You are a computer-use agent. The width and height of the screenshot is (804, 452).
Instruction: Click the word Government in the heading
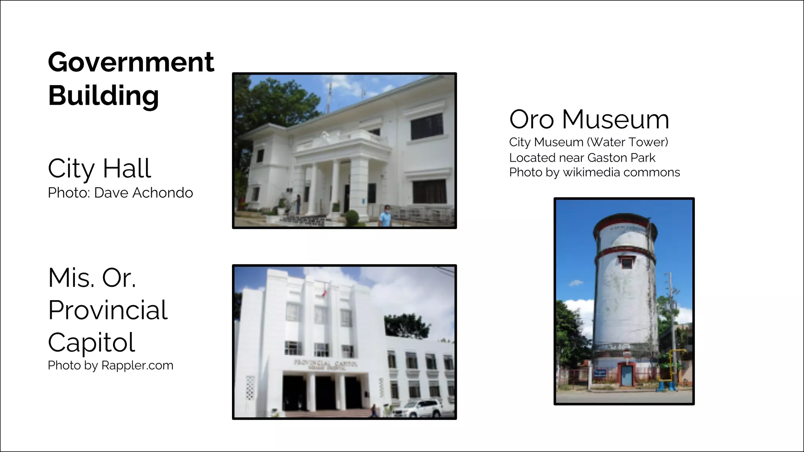pos(131,62)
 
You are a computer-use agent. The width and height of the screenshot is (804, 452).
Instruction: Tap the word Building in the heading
pos(103,95)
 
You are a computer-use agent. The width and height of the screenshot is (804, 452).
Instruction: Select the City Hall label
pos(99,169)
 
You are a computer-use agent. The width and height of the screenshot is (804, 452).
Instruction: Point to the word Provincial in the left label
pos(108,310)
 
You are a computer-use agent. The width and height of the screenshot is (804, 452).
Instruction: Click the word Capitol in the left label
pos(91,342)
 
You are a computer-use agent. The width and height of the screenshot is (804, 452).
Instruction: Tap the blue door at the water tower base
pos(627,375)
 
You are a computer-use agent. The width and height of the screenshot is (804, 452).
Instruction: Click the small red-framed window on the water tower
pos(627,262)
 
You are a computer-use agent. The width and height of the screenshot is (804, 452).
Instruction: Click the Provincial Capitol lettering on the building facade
pos(325,364)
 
